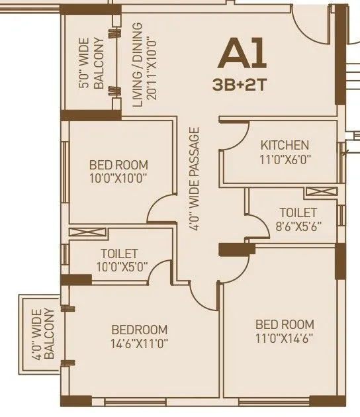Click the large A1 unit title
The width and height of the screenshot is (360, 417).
242,54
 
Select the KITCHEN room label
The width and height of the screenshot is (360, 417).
284,145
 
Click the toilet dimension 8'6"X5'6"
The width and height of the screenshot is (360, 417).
297,226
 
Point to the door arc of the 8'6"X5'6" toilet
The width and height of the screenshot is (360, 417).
254,225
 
